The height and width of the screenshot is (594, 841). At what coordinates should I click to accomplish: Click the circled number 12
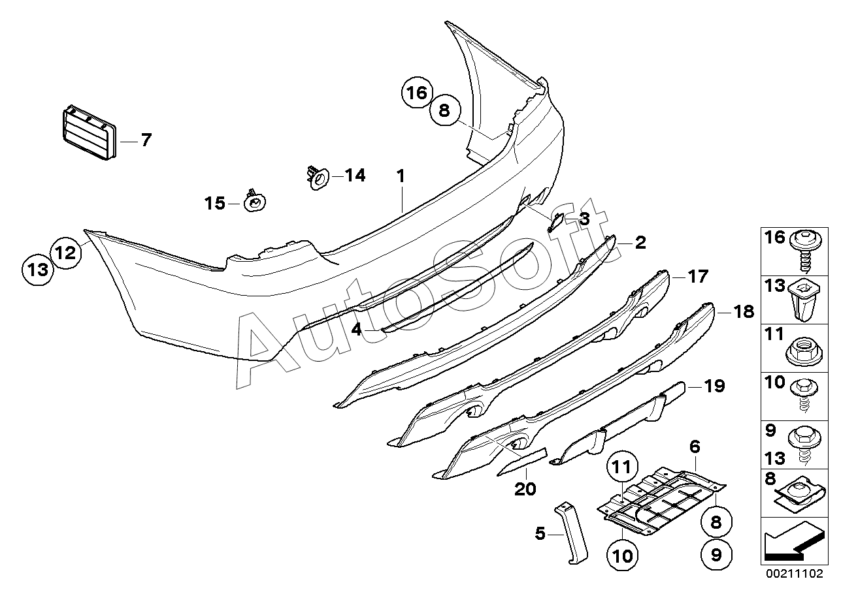[67, 251]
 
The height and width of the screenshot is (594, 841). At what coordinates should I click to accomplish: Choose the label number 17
[697, 277]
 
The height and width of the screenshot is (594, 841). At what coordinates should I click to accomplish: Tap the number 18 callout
[743, 312]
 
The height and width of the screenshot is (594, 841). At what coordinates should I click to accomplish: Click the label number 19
[715, 386]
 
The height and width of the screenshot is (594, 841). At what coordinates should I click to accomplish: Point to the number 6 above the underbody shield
[694, 447]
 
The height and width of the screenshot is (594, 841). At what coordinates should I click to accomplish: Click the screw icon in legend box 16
[803, 251]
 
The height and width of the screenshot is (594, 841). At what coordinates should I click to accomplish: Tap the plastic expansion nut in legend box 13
[803, 300]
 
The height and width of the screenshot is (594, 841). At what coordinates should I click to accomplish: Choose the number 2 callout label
[640, 243]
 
